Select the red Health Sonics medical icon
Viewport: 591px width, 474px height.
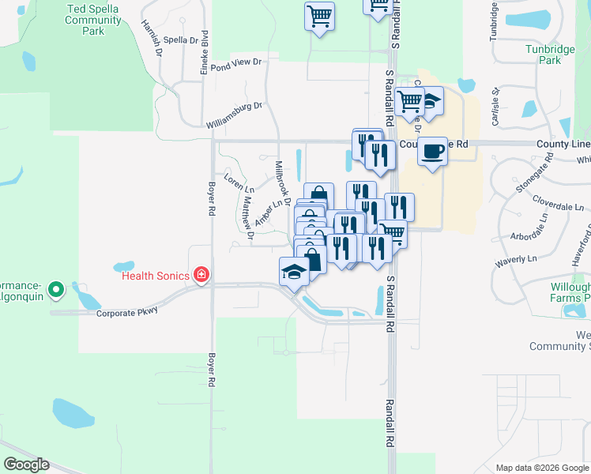point(201,275)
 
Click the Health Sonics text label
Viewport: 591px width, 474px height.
point(156,276)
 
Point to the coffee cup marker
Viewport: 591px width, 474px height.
point(432,151)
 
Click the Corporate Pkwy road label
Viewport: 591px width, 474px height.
point(127,311)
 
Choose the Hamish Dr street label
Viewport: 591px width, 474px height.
point(152,37)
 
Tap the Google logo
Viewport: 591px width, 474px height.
point(26,465)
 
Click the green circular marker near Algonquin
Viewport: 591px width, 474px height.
point(56,291)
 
